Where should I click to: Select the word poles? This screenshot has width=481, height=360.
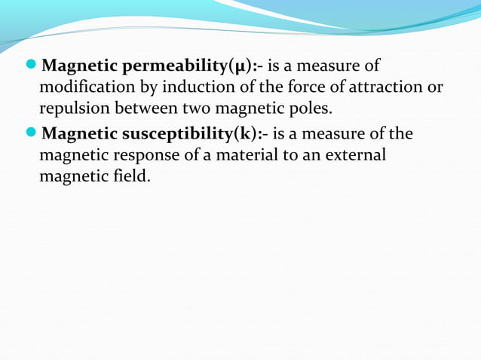click(309, 108)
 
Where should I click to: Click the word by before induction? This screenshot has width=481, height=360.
click(140, 87)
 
